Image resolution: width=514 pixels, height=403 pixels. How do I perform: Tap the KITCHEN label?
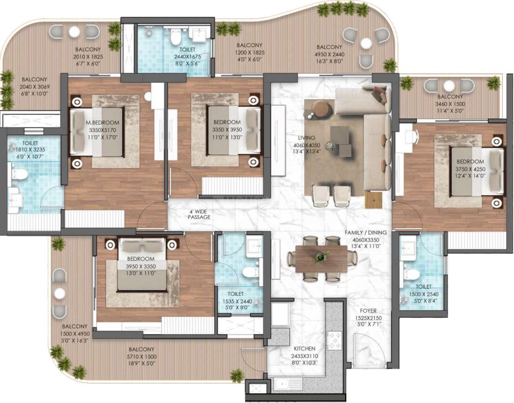[305, 348]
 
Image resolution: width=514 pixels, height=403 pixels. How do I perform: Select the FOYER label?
[369, 311]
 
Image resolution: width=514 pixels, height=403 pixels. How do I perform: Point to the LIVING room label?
[307, 138]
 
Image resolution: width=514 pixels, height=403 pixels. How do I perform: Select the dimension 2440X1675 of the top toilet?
[188, 57]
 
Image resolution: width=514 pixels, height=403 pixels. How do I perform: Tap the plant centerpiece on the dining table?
[320, 256]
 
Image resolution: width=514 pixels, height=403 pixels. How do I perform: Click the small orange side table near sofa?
[374, 200]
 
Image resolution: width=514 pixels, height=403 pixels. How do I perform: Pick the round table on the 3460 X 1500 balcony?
[449, 86]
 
